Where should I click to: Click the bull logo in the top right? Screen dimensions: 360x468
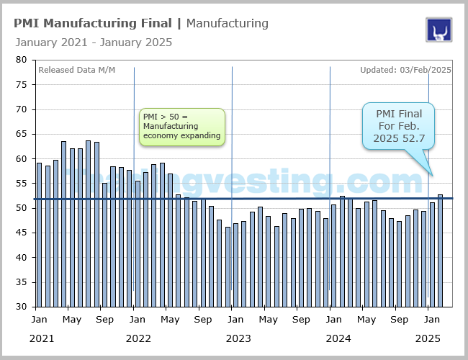438,30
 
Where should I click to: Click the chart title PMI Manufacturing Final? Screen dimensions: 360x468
94,23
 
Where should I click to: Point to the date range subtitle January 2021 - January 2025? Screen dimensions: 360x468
94,42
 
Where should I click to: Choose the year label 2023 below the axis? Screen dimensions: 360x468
238,338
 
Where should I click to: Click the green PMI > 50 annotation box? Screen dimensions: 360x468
181,127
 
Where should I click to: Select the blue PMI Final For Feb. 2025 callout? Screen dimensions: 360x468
399,126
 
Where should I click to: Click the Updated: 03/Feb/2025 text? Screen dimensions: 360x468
405,70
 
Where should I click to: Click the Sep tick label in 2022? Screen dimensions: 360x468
204,319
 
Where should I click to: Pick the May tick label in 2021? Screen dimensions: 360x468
72,319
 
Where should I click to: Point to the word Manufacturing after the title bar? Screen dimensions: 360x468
227,23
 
